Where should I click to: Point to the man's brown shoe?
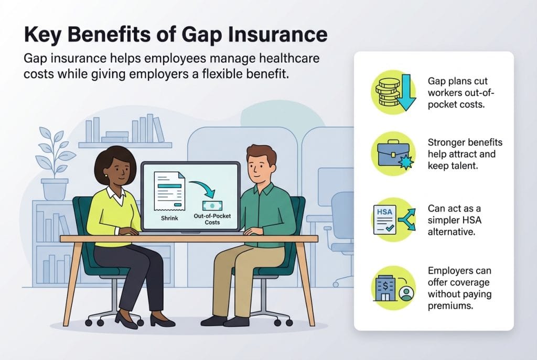214,321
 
